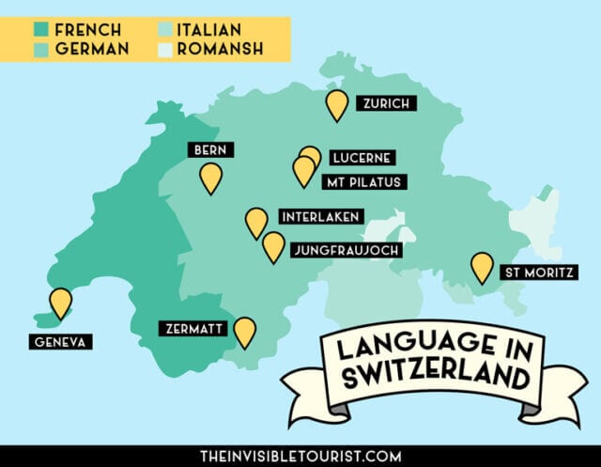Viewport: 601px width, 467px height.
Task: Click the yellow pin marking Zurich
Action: [336, 103]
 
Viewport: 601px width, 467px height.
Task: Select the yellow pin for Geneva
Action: [61, 302]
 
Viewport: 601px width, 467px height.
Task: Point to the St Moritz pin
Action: [482, 267]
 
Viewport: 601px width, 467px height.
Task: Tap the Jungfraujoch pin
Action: [273, 246]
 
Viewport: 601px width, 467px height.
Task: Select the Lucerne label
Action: [358, 158]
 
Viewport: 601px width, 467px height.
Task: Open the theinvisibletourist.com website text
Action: [300, 456]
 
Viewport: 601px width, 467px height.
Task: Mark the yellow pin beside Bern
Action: [211, 177]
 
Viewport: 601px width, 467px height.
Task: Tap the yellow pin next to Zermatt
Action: [244, 331]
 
